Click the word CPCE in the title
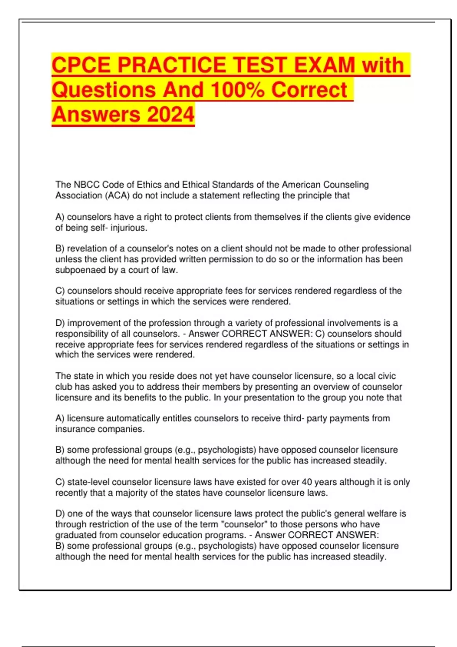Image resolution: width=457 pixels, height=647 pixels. [81, 65]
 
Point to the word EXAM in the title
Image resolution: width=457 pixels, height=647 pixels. [325, 65]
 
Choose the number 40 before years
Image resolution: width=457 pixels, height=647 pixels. [307, 482]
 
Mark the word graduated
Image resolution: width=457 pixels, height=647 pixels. [75, 535]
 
